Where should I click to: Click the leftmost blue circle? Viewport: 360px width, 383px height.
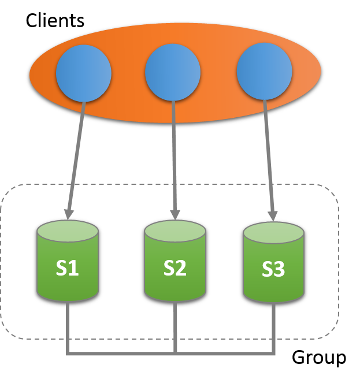pos(83,73)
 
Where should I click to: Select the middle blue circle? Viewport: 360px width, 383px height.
pos(173,73)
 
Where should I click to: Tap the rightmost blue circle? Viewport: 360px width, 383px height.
pos(264,72)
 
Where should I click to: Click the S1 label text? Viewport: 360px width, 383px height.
pos(67,268)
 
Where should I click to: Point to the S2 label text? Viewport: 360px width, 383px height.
pos(175,268)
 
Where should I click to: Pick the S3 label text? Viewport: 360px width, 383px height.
pos(273,270)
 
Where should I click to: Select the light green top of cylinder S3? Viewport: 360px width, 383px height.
pos(273,232)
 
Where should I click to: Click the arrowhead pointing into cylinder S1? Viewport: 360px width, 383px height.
pos(69,213)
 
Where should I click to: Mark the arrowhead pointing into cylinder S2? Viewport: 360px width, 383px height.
pos(175,213)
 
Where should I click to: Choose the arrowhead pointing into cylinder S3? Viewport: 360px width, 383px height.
pos(273,214)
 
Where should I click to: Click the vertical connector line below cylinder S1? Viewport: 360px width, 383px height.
pos(68,326)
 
